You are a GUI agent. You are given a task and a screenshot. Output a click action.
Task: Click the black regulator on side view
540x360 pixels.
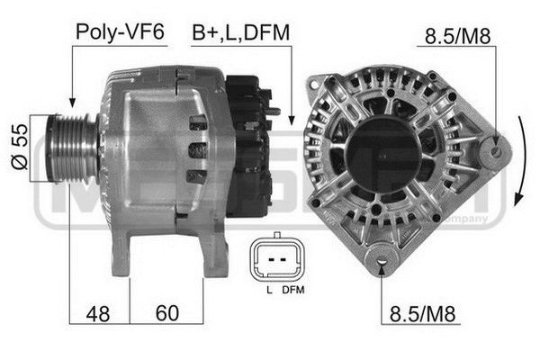click(x=247, y=144)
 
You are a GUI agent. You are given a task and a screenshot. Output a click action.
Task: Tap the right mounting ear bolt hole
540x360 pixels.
click(x=492, y=153)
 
